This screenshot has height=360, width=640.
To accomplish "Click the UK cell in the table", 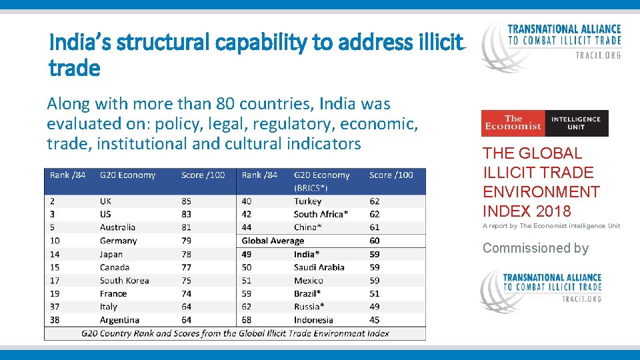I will (x=105, y=201).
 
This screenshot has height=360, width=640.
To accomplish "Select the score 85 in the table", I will (x=186, y=201).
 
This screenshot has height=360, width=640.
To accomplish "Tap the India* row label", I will (x=306, y=254).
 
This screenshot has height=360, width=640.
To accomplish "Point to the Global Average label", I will (x=273, y=241).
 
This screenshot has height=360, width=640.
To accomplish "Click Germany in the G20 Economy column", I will (x=118, y=241).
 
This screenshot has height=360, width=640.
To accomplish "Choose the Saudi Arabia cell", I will (x=319, y=267).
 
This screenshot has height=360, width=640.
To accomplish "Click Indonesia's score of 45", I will (x=374, y=320).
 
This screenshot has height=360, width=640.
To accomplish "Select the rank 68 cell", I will (x=247, y=320).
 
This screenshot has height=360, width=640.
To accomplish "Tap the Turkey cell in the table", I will (x=307, y=201).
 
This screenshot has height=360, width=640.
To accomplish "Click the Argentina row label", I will (x=119, y=320).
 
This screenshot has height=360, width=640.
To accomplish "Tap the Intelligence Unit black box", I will (x=575, y=123).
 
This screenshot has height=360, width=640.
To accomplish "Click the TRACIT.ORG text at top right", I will (x=597, y=55).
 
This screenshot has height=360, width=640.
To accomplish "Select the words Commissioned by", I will (x=535, y=248).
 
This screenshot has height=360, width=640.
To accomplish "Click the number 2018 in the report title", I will (x=553, y=211).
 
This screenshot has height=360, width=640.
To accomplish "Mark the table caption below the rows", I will (x=235, y=333).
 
